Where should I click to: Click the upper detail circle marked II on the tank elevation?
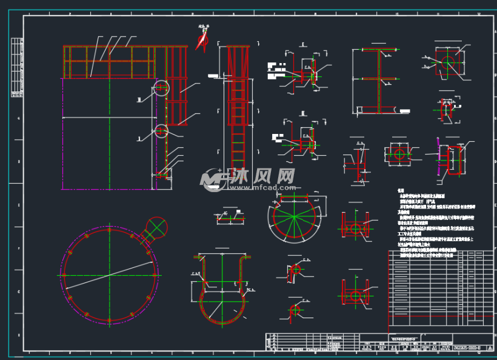click(161, 88)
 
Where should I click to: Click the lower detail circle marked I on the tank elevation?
click(161, 131)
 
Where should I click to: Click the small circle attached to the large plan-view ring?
click(156, 228)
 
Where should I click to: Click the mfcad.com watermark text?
click(262, 188)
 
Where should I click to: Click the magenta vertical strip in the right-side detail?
click(438, 156)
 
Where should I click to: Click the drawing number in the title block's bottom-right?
click(467, 348)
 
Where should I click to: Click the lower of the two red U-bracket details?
click(355, 295)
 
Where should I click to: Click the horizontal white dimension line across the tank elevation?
click(109, 117)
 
